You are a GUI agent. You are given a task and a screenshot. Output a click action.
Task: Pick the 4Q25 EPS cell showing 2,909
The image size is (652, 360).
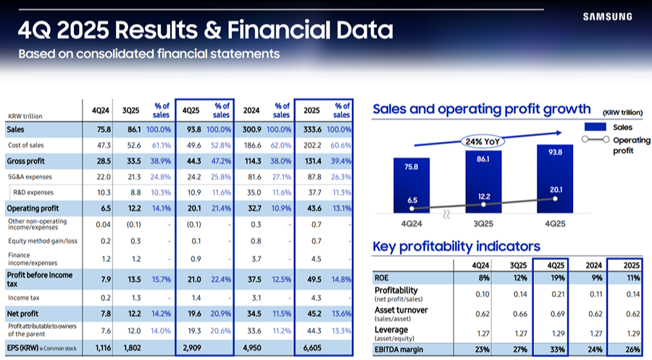click(192, 348)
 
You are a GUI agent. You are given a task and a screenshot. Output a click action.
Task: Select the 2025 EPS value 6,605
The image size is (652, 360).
click(312, 348)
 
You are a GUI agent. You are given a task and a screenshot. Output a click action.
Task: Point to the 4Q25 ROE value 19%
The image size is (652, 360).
click(556, 277)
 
